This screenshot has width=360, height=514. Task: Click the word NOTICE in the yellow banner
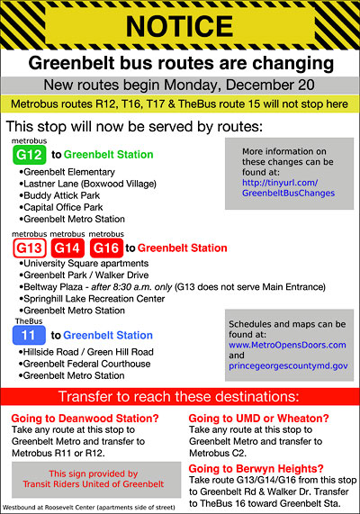tap(179, 26)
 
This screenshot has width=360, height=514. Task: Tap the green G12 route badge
tap(29, 155)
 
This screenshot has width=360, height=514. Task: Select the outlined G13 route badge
tap(30, 248)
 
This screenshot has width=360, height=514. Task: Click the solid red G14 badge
tap(67, 248)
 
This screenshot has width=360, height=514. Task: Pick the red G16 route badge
tap(106, 248)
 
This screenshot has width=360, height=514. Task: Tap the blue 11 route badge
tap(29, 335)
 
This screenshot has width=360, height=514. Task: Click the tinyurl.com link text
tap(288, 188)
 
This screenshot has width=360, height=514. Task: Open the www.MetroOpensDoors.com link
tap(287, 345)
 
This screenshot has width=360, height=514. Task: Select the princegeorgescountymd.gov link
tap(288, 365)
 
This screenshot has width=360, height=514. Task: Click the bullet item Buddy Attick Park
tap(59, 195)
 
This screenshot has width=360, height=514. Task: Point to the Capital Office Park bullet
tap(61, 208)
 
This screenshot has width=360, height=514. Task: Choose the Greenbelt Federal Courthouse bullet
tap(85, 364)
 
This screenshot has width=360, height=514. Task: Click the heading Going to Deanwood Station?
tap(85, 419)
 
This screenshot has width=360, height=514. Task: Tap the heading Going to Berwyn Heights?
tap(256, 469)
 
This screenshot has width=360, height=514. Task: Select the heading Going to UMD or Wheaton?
tap(258, 419)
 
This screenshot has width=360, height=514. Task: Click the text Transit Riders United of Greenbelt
tap(94, 484)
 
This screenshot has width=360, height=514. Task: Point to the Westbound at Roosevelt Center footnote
tap(89, 508)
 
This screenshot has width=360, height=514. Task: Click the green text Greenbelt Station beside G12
tap(109, 155)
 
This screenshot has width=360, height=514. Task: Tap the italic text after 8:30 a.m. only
tap(131, 287)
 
